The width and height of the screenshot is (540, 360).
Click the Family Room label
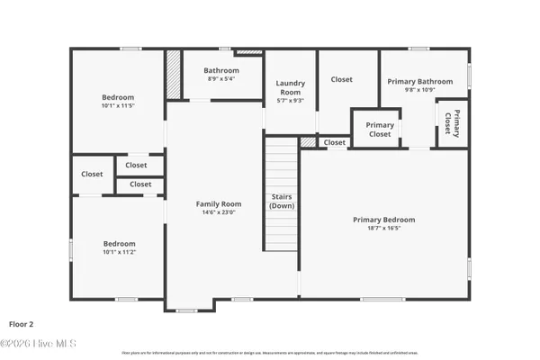(220, 204)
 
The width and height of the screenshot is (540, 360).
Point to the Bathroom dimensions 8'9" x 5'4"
(220, 79)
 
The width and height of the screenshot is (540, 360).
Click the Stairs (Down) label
(281, 201)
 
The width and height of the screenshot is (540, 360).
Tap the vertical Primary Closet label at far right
(456, 122)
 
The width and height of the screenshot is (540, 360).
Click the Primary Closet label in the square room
(380, 130)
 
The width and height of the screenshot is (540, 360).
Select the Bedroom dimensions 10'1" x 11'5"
(118, 106)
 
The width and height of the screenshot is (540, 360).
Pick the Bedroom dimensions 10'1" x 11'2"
(118, 253)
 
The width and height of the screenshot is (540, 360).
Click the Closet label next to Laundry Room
(341, 79)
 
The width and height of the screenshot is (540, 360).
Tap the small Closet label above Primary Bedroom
(334, 142)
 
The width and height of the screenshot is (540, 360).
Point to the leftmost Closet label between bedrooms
(92, 175)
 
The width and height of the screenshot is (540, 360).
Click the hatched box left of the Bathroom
(173, 68)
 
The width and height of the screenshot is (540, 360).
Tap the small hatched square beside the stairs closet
(309, 142)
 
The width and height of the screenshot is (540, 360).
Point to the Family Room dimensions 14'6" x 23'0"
(220, 213)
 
